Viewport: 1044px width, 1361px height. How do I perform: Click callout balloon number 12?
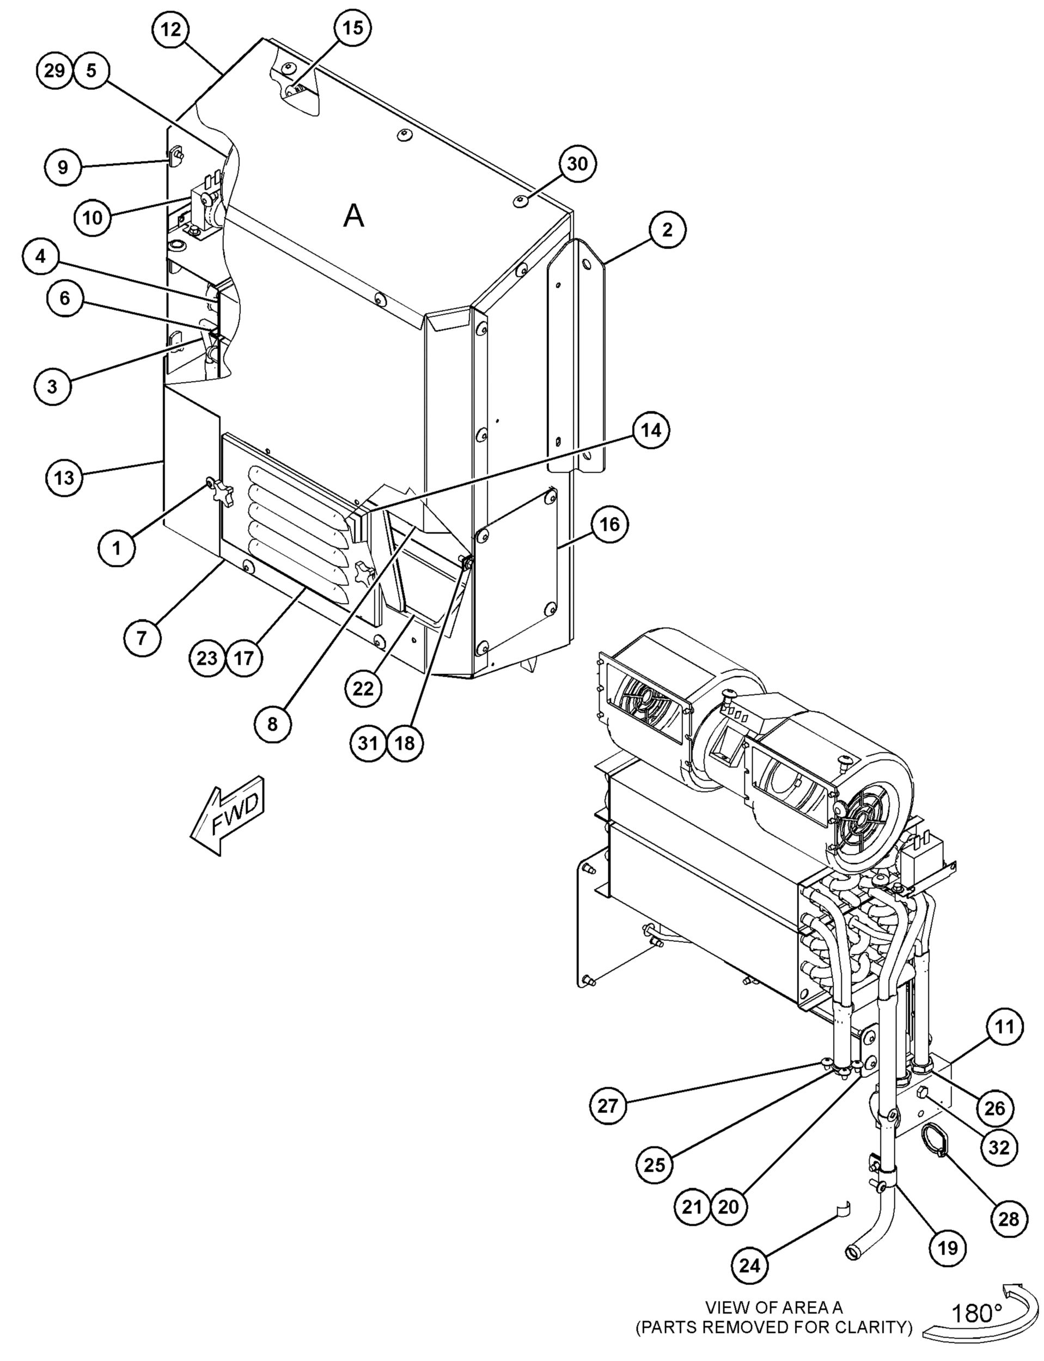click(x=171, y=29)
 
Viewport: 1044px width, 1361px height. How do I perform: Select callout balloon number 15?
click(x=352, y=28)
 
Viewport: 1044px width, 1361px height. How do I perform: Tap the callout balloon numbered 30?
click(x=577, y=164)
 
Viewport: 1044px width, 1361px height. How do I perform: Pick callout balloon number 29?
click(x=54, y=70)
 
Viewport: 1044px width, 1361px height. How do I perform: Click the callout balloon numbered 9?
click(x=63, y=167)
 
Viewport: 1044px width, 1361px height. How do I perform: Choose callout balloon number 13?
click(x=64, y=477)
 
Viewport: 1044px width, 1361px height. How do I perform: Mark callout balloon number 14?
click(x=651, y=430)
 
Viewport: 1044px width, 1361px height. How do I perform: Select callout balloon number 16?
click(x=609, y=524)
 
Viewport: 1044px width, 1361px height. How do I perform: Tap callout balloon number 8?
click(x=272, y=724)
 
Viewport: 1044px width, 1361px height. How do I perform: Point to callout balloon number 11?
click(x=1004, y=1027)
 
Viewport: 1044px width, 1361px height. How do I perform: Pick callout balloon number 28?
click(x=1009, y=1219)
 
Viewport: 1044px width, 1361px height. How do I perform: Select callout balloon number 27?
click(x=608, y=1105)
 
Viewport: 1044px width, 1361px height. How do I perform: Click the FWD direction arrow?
click(x=228, y=815)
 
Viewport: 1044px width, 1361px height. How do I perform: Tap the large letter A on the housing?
click(x=353, y=216)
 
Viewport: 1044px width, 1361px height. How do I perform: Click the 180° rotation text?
click(x=976, y=1313)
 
